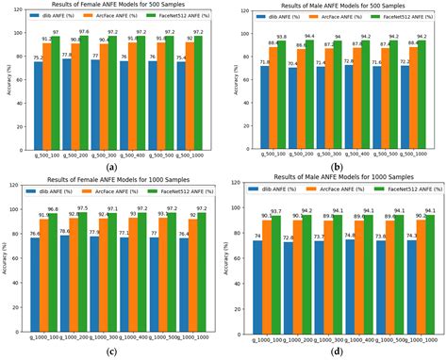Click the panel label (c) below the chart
point(111,352)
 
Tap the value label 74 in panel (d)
point(257,240)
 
